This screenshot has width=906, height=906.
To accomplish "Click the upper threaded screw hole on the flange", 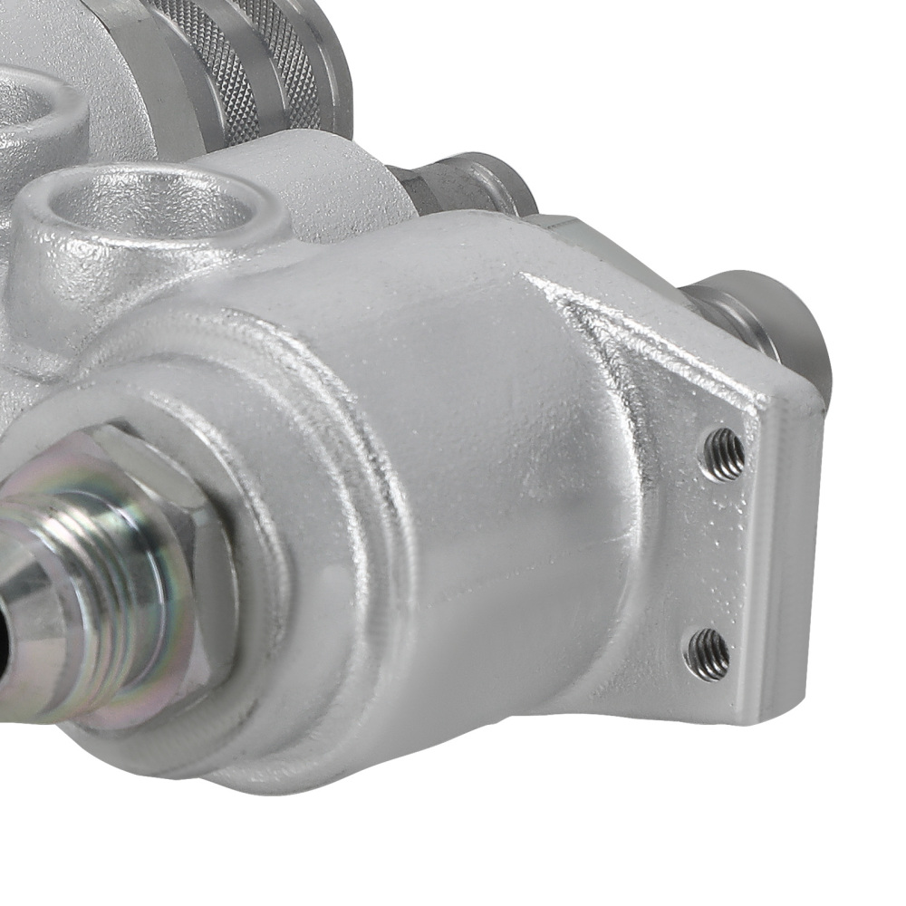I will pyautogui.click(x=726, y=453).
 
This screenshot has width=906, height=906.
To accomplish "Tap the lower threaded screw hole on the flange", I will pyautogui.click(x=708, y=652).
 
